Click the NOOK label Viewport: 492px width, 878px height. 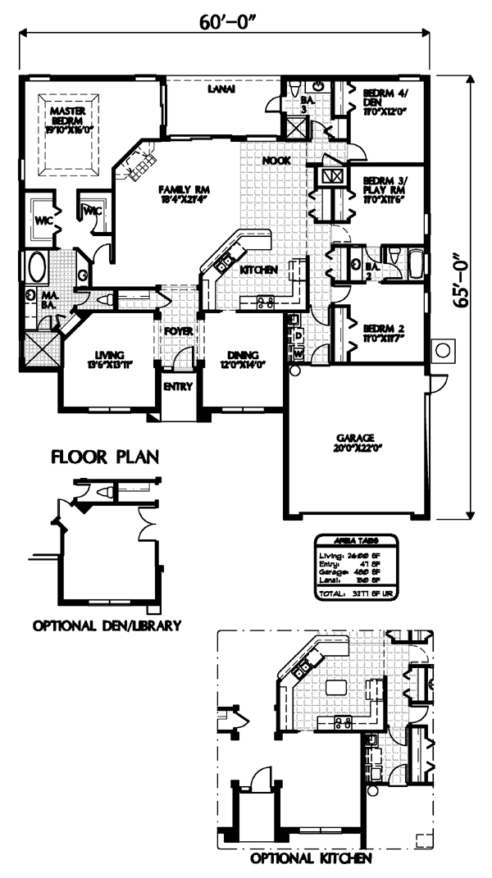tap(275, 161)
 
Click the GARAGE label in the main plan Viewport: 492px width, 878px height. tap(355, 441)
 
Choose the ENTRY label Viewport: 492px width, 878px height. tap(175, 387)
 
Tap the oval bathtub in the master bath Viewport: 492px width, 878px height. tap(37, 268)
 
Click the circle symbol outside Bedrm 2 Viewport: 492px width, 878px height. tap(443, 351)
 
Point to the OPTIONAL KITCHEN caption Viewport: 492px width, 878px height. tap(312, 860)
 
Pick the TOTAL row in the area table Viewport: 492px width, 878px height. tap(356, 591)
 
